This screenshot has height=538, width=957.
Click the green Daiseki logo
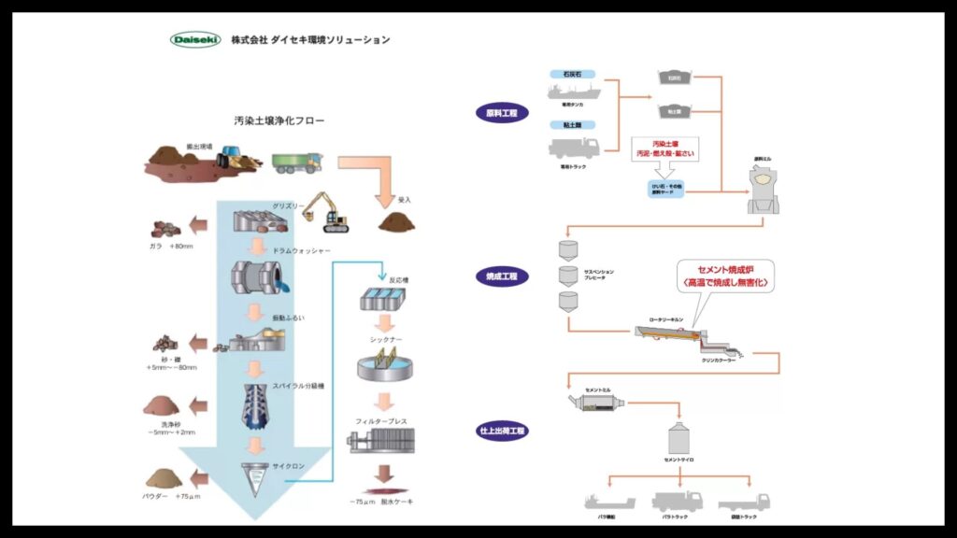tap(195, 40)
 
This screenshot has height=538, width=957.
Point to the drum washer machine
tap(256, 280)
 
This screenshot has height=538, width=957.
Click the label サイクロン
tap(286, 465)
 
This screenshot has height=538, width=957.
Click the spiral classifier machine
tap(255, 407)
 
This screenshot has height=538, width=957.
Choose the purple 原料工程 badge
tap(502, 113)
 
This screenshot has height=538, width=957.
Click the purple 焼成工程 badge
tap(502, 276)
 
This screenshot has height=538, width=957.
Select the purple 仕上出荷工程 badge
tap(502, 432)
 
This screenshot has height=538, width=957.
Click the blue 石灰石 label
tap(573, 72)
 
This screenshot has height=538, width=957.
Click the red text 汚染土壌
tap(665, 143)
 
